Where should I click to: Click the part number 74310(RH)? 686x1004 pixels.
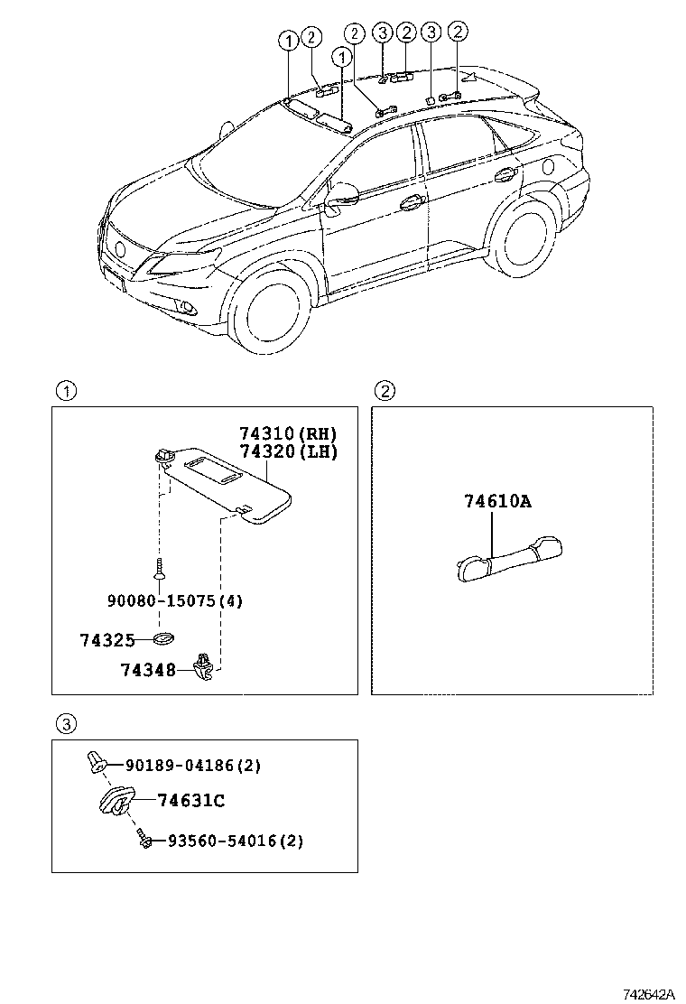click(288, 433)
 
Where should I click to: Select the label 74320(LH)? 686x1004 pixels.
click(288, 451)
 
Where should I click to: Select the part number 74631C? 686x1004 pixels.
click(190, 800)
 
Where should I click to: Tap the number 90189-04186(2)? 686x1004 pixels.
click(193, 766)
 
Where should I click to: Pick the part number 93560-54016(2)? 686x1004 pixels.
click(235, 841)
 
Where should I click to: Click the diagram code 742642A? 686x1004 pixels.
click(647, 993)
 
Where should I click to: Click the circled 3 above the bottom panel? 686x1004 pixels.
click(66, 723)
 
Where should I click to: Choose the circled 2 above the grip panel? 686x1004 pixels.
click(385, 391)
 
